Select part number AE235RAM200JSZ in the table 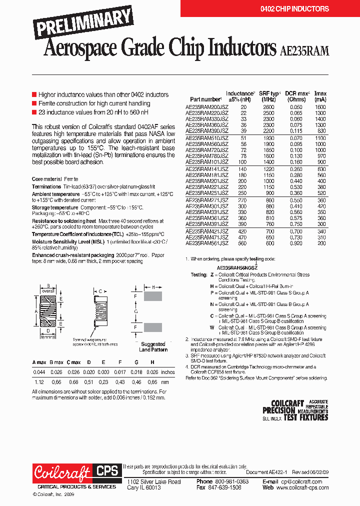[x=207, y=107]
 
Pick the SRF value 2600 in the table [x=268, y=107]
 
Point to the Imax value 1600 [x=320, y=107]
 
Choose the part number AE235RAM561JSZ [x=207, y=242]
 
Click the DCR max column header [x=297, y=96]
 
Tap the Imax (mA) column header [x=320, y=96]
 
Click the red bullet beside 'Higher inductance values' [x=34, y=94]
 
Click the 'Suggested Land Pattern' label [x=153, y=347]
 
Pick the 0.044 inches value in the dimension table [x=39, y=372]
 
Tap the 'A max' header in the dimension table [x=39, y=362]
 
